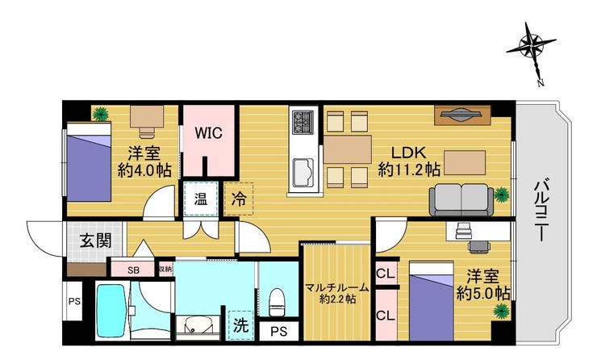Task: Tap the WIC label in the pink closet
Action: click(208, 133)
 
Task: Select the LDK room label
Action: click(408, 153)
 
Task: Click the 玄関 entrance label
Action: click(95, 241)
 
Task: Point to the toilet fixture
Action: click(277, 302)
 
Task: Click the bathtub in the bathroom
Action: click(111, 311)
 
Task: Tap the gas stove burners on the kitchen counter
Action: click(303, 122)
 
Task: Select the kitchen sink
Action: click(303, 172)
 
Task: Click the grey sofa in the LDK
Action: click(461, 199)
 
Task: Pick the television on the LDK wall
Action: click(462, 115)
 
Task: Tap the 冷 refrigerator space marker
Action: click(239, 199)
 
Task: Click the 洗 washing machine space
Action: click(240, 325)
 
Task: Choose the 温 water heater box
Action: click(201, 199)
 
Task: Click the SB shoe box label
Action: click(133, 270)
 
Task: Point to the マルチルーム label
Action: click(337, 287)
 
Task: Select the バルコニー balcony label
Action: click(541, 211)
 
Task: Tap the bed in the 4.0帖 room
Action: click(89, 162)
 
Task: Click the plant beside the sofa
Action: click(502, 195)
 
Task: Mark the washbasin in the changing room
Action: click(198, 327)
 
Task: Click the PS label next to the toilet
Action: click(278, 332)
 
